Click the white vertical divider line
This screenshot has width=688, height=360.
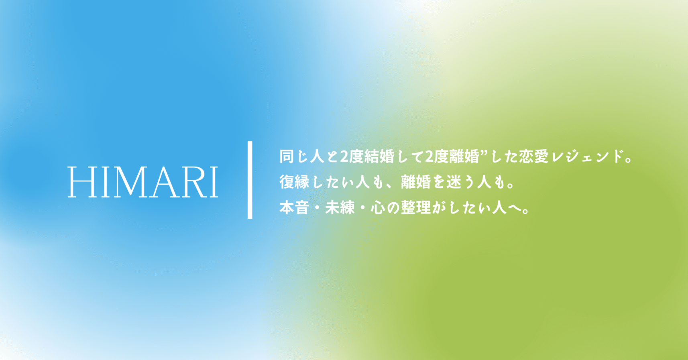pos(250,180)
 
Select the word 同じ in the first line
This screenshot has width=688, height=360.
pos(294,157)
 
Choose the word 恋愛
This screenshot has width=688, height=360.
pos(533,157)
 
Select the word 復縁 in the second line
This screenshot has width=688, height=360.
pos(294,182)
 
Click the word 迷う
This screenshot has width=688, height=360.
pos(461,182)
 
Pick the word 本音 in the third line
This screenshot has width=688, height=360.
pos(294,208)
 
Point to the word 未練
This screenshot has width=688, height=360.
pos(340,208)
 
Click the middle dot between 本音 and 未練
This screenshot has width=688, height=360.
pos(317,208)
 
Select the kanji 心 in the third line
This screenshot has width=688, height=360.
pos(378,208)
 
